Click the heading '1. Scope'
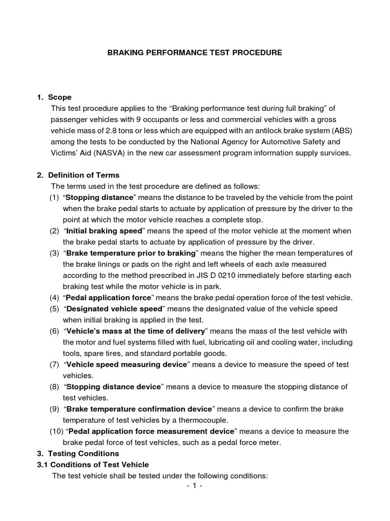coord(54,97)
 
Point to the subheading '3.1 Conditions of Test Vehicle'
coord(93,465)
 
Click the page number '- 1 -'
coord(194,486)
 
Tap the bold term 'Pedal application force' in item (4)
coord(108,297)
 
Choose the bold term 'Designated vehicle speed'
coord(114,308)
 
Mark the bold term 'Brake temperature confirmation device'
coord(139,409)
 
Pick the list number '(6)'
coord(54,331)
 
